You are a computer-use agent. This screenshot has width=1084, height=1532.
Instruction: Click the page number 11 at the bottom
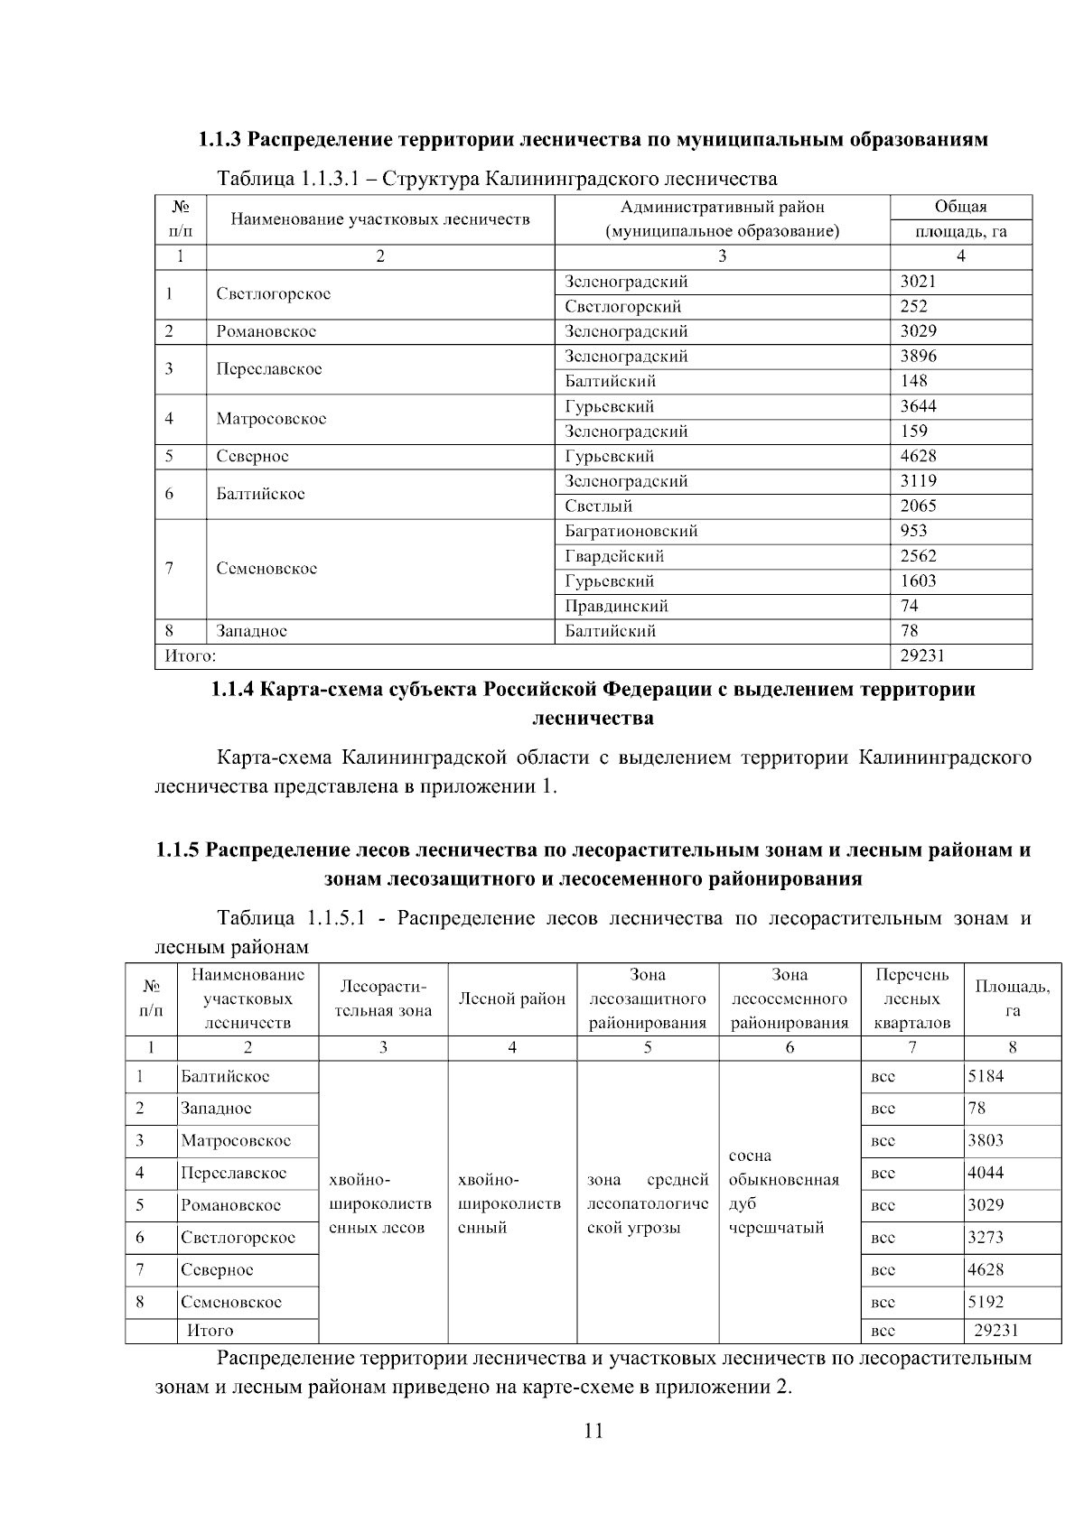tap(593, 1431)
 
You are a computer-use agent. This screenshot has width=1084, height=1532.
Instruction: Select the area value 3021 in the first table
tap(918, 282)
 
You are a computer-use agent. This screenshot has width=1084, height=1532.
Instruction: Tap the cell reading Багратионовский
tap(631, 531)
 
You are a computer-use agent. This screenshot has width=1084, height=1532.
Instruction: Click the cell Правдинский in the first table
tap(616, 606)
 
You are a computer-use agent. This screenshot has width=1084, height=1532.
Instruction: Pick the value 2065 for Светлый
tap(918, 506)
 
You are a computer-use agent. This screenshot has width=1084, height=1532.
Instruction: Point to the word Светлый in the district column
tap(598, 506)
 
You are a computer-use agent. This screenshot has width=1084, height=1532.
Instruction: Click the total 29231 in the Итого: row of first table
tap(921, 656)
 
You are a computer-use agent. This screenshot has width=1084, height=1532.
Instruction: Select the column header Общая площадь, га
tap(960, 219)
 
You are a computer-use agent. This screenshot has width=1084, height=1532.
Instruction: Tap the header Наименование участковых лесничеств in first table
tap(379, 219)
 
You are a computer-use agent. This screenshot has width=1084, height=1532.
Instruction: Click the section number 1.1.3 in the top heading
tap(220, 140)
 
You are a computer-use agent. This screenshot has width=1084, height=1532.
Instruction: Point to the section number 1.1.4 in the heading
tap(232, 691)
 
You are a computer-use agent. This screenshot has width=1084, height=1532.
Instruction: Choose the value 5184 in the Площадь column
tap(986, 1076)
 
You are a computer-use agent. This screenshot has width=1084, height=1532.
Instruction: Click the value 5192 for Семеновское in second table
tap(986, 1302)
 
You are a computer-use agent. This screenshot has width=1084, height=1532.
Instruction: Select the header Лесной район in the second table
tap(512, 998)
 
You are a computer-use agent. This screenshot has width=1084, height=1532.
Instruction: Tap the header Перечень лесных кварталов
tap(912, 998)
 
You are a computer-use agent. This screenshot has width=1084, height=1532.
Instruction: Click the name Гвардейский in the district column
tap(614, 556)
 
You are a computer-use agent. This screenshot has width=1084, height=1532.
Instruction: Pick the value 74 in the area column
tap(909, 606)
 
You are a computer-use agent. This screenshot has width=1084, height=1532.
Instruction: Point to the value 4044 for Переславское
tap(986, 1173)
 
